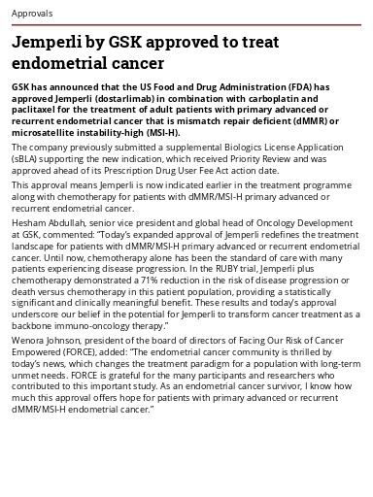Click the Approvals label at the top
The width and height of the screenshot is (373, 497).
(x=32, y=15)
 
